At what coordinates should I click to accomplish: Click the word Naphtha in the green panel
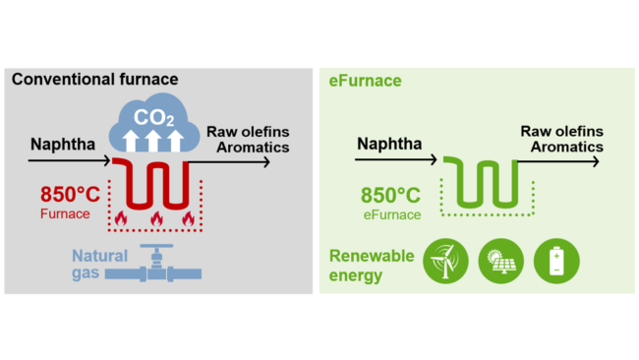[x=390, y=145]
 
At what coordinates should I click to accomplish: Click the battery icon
[x=556, y=261]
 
